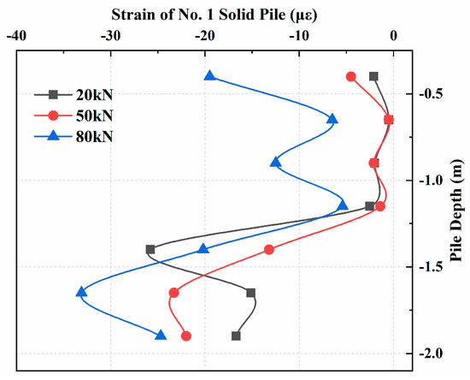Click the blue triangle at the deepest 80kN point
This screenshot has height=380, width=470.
[x=161, y=335]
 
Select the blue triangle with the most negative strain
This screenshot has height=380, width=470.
[x=81, y=292]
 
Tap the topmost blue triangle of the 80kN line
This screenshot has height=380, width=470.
[x=210, y=76]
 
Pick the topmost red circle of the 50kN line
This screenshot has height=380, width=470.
[x=351, y=76]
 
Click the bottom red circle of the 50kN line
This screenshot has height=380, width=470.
[x=186, y=335]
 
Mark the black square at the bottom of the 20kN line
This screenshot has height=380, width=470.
[x=236, y=335]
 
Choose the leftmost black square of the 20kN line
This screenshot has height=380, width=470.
[x=150, y=249]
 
